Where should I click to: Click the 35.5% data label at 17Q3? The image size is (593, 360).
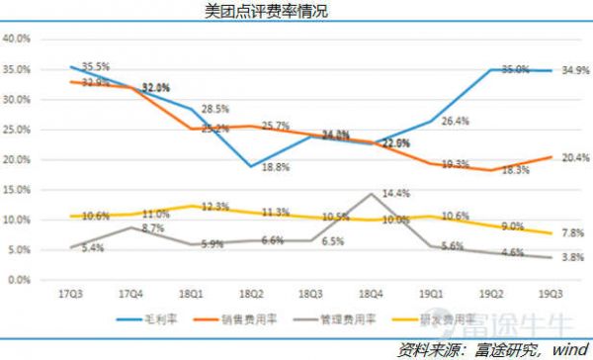pos(95,65)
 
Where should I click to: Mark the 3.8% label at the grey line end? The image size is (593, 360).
pos(572,257)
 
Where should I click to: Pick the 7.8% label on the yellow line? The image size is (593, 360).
pos(572,233)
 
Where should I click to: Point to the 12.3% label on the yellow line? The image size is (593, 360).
pos(213,207)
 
